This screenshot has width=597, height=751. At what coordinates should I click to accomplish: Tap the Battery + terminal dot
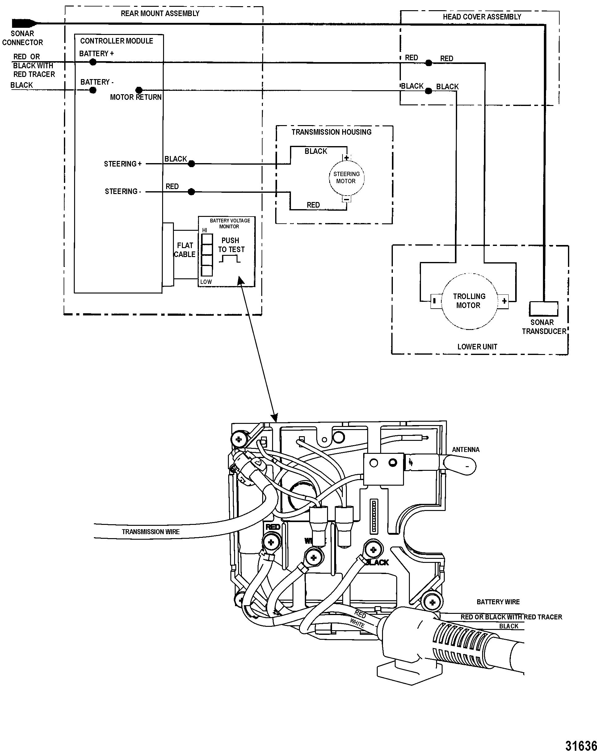click(93, 62)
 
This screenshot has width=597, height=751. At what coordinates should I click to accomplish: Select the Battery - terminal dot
click(93, 90)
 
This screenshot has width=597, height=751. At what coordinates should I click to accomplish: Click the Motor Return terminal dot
click(139, 90)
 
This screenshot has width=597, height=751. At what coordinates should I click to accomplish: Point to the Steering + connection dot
click(191, 164)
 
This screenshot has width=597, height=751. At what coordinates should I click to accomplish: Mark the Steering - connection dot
click(191, 192)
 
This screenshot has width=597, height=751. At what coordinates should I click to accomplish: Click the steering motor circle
click(346, 178)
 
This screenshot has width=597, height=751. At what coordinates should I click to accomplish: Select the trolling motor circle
click(469, 301)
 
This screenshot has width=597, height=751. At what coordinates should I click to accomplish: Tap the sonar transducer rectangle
click(543, 309)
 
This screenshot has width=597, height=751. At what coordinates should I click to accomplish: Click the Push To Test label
click(231, 245)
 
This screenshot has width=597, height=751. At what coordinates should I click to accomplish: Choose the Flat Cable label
click(185, 250)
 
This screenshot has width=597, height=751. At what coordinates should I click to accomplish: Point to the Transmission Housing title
click(331, 132)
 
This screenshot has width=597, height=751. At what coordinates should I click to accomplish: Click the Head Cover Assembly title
click(482, 17)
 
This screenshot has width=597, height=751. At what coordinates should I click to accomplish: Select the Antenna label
click(465, 450)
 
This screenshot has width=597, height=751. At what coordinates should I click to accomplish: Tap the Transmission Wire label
click(150, 532)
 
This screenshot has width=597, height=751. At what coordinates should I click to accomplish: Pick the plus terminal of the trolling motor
click(504, 301)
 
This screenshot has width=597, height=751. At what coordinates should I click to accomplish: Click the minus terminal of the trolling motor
click(434, 301)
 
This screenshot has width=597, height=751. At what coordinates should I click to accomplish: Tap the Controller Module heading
click(116, 41)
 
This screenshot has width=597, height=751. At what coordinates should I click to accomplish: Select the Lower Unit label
click(477, 347)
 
